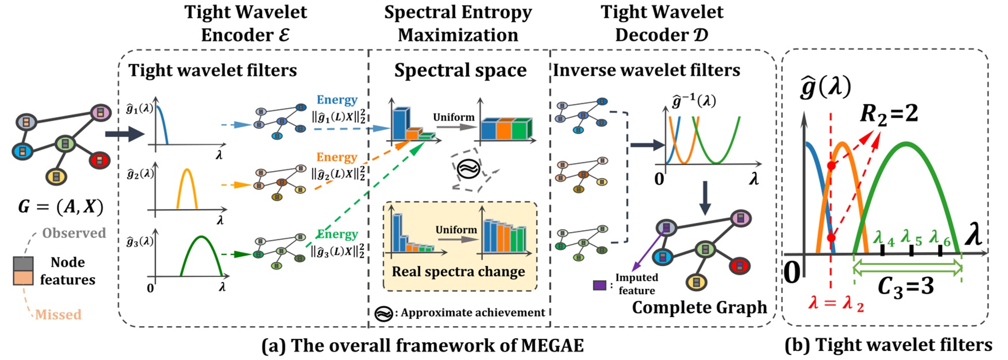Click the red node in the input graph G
pyautogui.click(x=100, y=160)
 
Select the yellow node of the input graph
pyautogui.click(x=56, y=177)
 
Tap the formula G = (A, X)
pyautogui.click(x=61, y=207)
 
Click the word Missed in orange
pyautogui.click(x=58, y=315)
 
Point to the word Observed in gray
pyautogui.click(x=74, y=233)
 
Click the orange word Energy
pyautogui.click(x=337, y=157)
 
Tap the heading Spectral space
pyautogui.click(x=460, y=70)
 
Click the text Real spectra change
pyautogui.click(x=458, y=272)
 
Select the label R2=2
pyautogui.click(x=889, y=114)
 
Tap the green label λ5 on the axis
pyautogui.click(x=912, y=238)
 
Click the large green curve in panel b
pyautogui.click(x=906, y=144)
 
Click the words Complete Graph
pyautogui.click(x=700, y=307)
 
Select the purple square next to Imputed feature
pyautogui.click(x=600, y=284)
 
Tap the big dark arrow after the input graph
pyautogui.click(x=124, y=135)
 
